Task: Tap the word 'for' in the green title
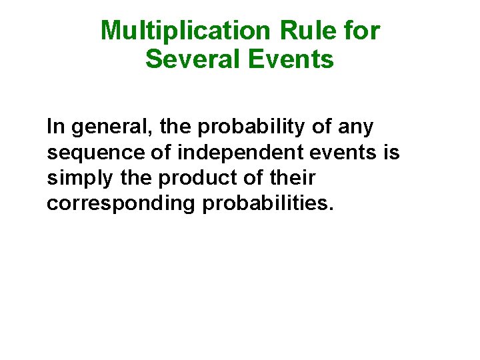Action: click(x=363, y=31)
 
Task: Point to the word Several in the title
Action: click(x=193, y=59)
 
